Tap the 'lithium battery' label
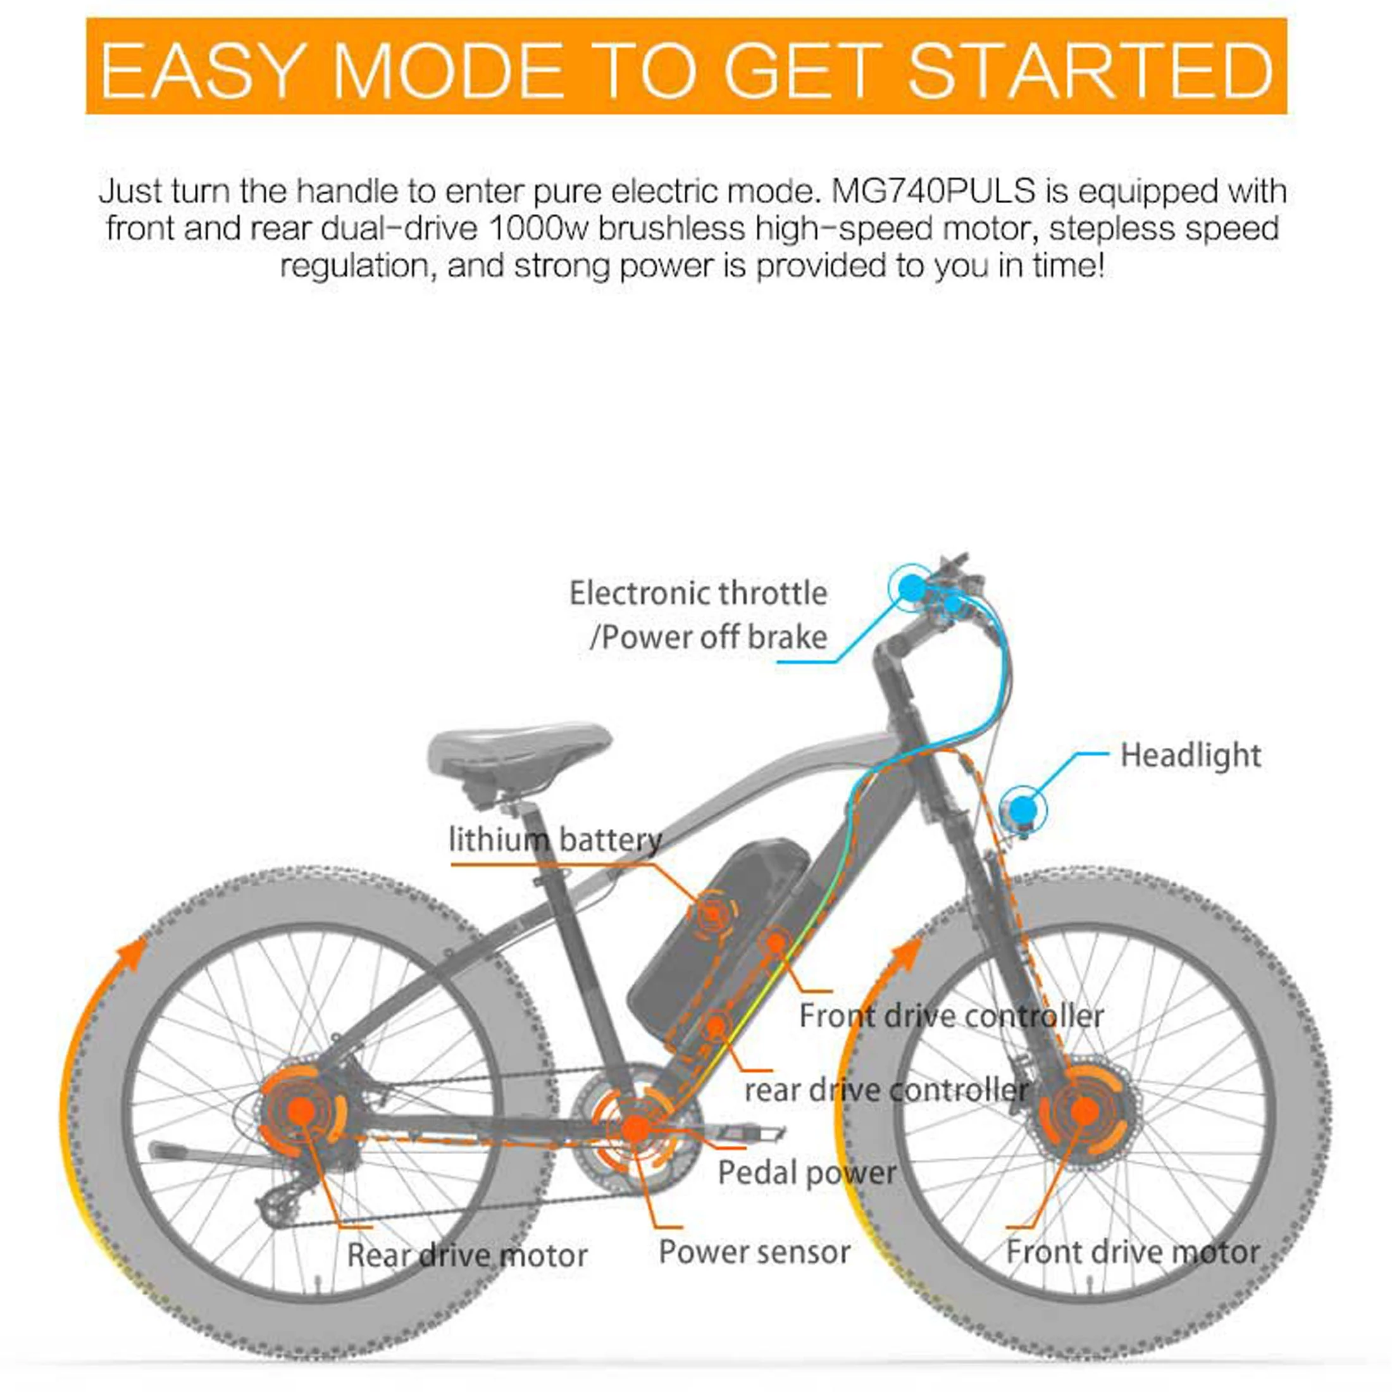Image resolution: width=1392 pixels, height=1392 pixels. (556, 840)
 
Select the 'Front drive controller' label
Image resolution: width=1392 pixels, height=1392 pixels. (951, 1016)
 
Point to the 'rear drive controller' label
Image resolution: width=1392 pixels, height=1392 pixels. (886, 1090)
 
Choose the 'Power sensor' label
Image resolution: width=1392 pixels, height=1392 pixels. (754, 1252)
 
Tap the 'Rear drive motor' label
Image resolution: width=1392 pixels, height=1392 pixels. (467, 1255)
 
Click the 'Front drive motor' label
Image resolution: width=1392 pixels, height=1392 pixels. (1133, 1252)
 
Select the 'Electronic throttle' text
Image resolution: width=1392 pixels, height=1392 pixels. (698, 593)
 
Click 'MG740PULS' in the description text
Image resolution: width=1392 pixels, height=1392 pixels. (934, 192)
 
